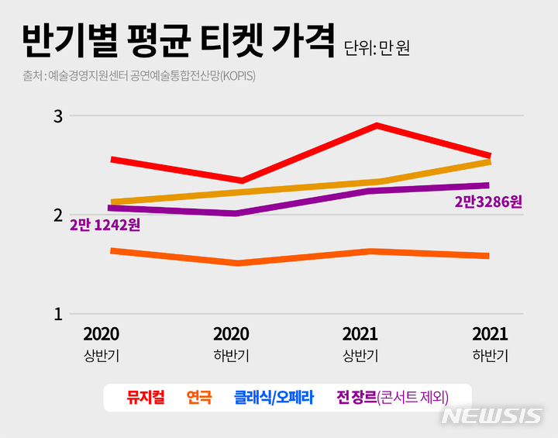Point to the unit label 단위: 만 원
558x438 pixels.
click(377, 48)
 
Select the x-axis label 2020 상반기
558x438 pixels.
click(101, 344)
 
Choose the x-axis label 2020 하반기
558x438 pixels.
click(231, 344)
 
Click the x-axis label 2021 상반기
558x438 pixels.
click(360, 344)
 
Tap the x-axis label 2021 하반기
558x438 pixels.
click(490, 344)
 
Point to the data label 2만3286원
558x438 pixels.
click(488, 202)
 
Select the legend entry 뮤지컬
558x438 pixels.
click(145, 398)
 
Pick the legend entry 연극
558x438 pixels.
click(199, 398)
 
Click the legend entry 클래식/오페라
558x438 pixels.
click(274, 398)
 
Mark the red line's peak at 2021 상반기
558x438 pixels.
click(376, 125)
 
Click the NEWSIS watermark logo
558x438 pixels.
click(491, 416)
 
